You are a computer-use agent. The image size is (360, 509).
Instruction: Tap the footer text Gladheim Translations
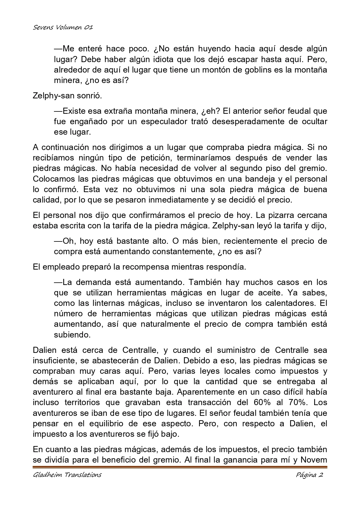pos(67,475)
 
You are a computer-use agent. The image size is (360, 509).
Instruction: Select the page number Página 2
pos(310,475)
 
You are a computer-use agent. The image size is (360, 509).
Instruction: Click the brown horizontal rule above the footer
pos(180,467)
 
